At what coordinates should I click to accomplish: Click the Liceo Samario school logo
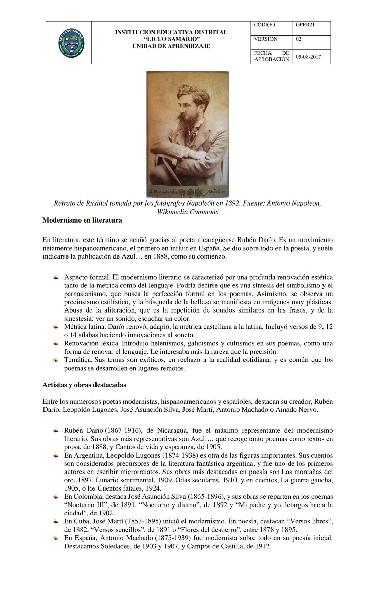point(71,43)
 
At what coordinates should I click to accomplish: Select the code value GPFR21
point(305,25)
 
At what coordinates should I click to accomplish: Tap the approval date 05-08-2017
point(308,57)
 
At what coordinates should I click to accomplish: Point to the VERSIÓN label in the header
point(265,39)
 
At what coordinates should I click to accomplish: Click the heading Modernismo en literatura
point(82,220)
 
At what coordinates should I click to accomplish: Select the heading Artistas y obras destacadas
point(84,385)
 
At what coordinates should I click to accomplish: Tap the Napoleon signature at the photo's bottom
point(215,192)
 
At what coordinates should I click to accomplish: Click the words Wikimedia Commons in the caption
point(188,212)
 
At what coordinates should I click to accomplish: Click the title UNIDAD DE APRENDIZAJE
point(171,46)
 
